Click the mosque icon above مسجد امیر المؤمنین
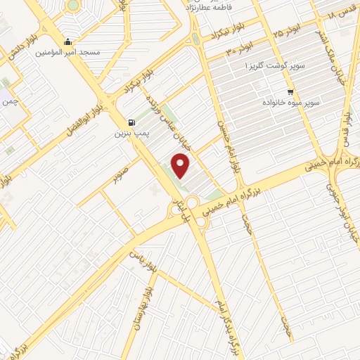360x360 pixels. [x=67, y=41]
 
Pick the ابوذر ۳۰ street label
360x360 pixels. [x=238, y=50]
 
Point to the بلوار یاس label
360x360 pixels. [x=141, y=258]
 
